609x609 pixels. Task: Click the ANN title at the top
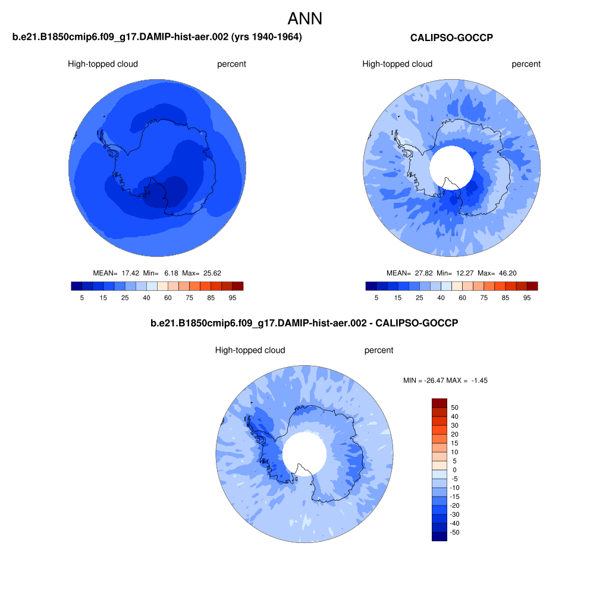[x=305, y=18]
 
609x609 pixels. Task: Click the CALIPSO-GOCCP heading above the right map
[x=451, y=37]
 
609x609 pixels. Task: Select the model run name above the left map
[x=157, y=37]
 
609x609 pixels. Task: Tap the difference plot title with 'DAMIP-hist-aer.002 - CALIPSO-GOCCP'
[x=304, y=323]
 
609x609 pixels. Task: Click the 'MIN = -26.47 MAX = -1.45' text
[x=445, y=381]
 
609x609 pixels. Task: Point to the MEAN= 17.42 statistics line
[x=157, y=273]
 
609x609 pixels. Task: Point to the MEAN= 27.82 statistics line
[x=451, y=273]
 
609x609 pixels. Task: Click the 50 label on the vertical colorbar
[x=454, y=407]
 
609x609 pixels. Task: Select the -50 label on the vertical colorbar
[x=454, y=532]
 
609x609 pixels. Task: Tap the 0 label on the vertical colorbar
[x=454, y=470]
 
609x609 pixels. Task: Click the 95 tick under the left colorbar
[x=233, y=298]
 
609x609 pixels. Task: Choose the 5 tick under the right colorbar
[x=376, y=298]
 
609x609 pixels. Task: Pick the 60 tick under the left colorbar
[x=168, y=298]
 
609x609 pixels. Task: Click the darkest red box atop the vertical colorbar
[x=440, y=403]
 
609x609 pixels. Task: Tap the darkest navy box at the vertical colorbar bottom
[x=440, y=536]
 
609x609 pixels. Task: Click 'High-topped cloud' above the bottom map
[x=250, y=350]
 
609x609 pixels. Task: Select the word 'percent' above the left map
[x=231, y=64]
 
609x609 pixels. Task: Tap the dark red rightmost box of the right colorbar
[x=532, y=286]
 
